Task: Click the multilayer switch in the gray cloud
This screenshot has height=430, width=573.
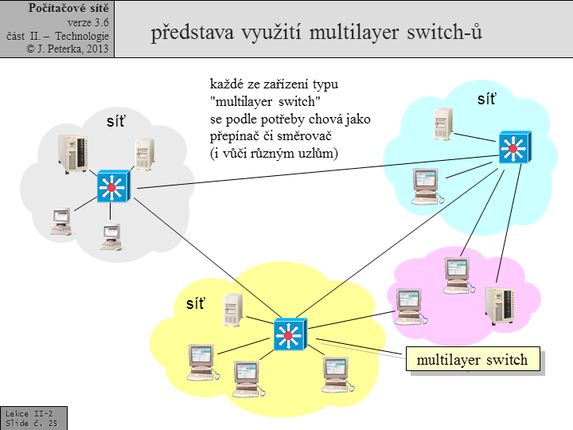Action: [x=111, y=187]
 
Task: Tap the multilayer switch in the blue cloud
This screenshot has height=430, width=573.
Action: [x=513, y=148]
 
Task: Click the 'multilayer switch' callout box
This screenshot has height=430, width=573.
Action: [x=472, y=360]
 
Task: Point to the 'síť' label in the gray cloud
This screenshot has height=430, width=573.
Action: [x=116, y=122]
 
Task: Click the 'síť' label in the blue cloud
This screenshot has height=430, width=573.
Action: [x=486, y=100]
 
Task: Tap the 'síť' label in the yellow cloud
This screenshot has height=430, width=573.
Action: [x=195, y=303]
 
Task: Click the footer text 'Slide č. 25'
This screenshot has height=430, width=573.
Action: [x=31, y=424]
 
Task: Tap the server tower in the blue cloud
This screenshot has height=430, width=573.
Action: [x=443, y=124]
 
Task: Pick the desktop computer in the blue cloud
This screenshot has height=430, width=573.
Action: [x=425, y=185]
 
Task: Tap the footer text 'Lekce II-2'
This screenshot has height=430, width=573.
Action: [x=29, y=414]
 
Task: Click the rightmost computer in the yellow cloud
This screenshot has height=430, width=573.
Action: [x=335, y=372]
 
